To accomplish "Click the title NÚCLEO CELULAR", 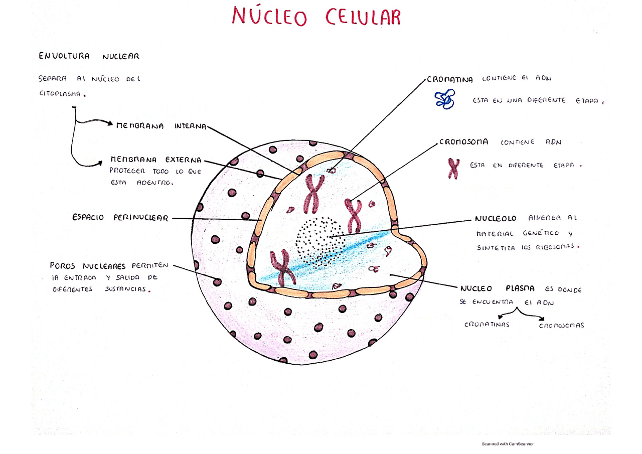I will tap(316, 16).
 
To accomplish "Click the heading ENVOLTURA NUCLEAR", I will tap(89, 56).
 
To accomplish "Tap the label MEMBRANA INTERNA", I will tap(161, 126).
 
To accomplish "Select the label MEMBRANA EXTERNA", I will tap(156, 160).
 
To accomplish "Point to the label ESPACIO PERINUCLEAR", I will tap(120, 218).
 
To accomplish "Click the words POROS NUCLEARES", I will tap(88, 265).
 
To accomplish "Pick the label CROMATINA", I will tap(450, 80).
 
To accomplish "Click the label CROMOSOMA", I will tap(464, 142).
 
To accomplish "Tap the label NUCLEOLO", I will tap(496, 219).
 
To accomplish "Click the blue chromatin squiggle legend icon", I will tap(445, 99).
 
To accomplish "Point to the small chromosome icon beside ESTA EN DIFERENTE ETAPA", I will tap(453, 169).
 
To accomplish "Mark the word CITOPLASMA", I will tap(60, 93).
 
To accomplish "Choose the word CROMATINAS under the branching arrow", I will tap(487, 325).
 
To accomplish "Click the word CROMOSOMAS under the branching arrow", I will tap(562, 325).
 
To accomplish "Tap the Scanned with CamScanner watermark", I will tap(508, 443).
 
